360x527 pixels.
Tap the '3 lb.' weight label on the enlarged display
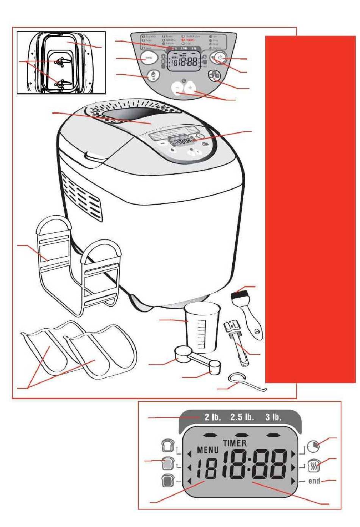[x=273, y=417]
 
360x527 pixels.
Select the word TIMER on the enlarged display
[x=235, y=443]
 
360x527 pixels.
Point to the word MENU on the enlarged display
[x=208, y=450]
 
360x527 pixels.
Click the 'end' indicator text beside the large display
[x=314, y=481]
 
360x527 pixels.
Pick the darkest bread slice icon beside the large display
[x=167, y=481]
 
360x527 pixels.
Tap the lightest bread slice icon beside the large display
[x=167, y=445]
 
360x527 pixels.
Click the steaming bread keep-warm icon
[x=314, y=464]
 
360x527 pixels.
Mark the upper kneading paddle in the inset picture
[x=60, y=61]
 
